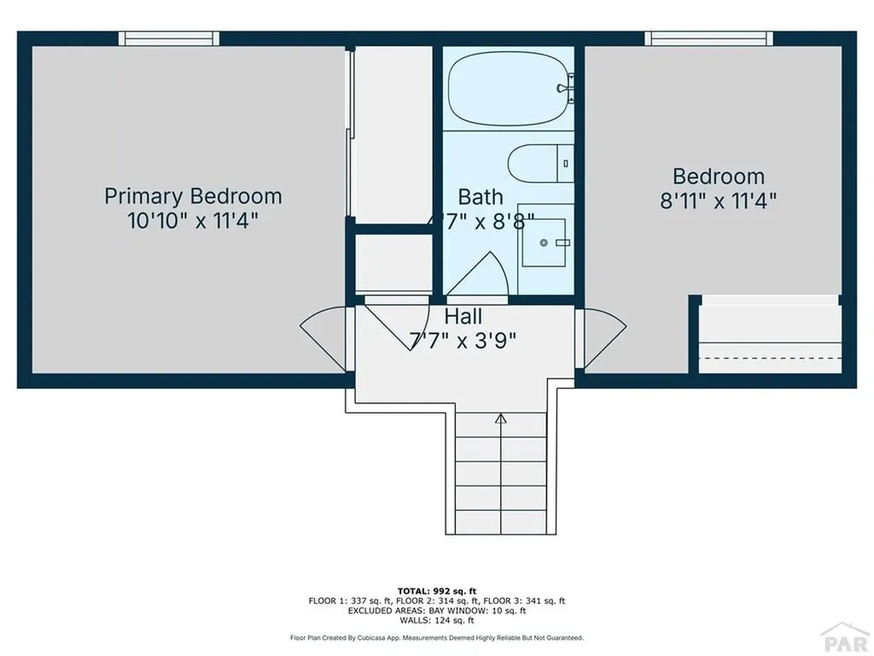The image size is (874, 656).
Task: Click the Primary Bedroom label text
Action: pos(193,196)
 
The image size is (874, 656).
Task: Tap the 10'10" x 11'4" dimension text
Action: pos(193,220)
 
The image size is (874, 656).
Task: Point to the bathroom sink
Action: pos(545,243)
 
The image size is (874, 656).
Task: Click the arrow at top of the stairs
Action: pos(500,419)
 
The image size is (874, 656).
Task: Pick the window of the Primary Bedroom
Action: pos(169,38)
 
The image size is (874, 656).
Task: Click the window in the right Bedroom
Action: pos(708,38)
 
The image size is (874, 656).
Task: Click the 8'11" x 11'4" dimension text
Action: pos(718,202)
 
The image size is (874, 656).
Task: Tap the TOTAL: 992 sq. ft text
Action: pos(436,590)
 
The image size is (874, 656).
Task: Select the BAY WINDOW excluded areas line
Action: pos(436,611)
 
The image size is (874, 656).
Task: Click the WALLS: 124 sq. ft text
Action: pos(436,621)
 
